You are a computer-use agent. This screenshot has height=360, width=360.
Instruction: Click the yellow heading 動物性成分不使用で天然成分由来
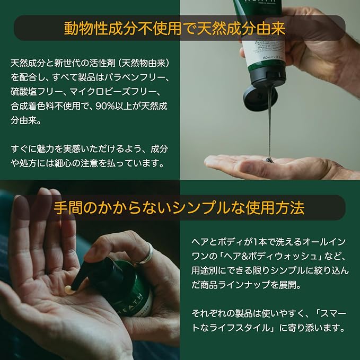click(175, 29)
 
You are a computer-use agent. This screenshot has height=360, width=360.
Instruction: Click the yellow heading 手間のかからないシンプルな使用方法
click(179, 208)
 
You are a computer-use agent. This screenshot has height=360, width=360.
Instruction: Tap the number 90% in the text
click(104, 106)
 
